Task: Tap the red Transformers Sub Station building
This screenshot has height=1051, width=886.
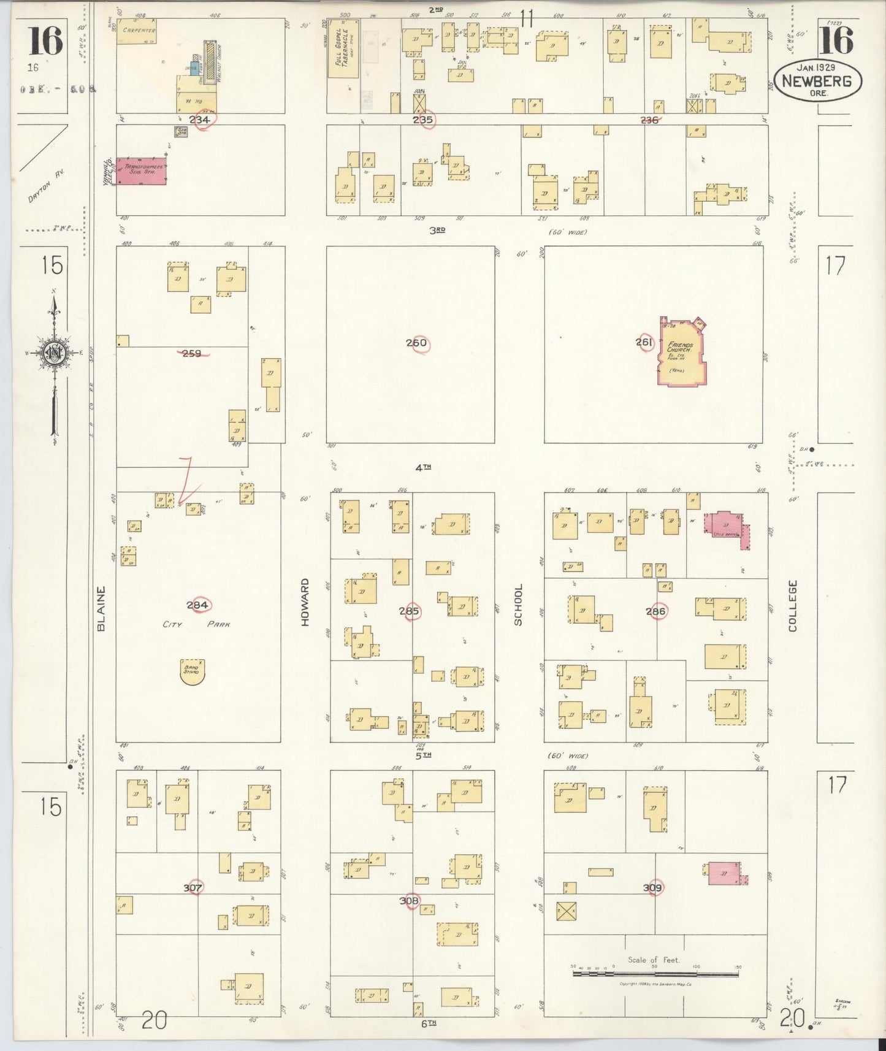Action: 141,170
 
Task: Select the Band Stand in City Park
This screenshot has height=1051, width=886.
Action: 192,671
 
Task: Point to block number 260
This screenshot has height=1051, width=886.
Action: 416,343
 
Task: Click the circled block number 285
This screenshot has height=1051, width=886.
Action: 409,611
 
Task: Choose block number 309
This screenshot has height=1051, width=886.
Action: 653,887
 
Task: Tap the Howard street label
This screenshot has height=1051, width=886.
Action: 305,602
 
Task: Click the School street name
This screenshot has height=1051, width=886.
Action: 518,605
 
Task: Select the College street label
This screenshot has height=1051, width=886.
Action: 792,606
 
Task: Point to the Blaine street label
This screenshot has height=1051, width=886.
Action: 101,608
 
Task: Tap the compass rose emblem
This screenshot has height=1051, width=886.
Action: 55,353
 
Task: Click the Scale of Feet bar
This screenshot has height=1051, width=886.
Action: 655,973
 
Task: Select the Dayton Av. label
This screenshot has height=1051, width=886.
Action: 46,186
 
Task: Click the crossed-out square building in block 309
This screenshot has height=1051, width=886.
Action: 565,911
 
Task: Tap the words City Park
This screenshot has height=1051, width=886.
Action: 196,624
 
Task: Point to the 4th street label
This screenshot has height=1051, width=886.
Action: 422,467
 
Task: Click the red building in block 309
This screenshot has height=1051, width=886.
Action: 724,873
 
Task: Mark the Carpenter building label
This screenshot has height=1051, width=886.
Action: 139,30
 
